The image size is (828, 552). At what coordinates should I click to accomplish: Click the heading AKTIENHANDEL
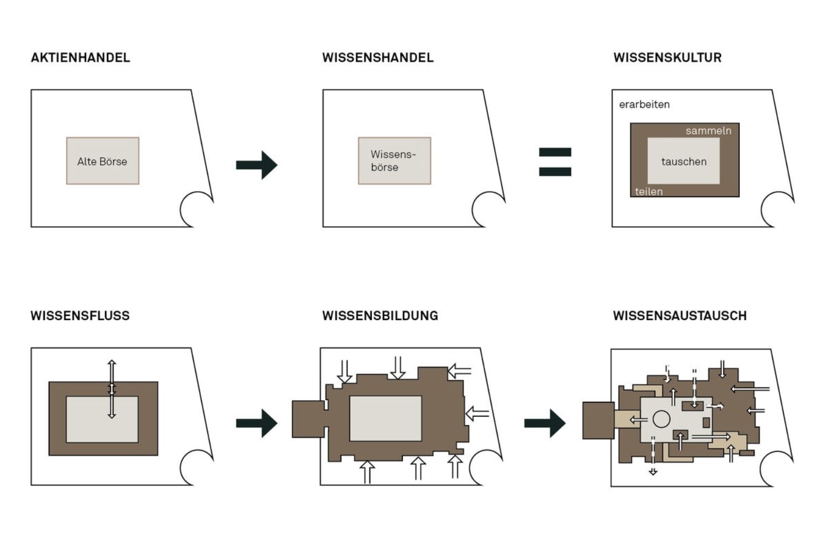tap(81, 57)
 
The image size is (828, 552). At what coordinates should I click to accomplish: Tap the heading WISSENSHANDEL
tap(378, 57)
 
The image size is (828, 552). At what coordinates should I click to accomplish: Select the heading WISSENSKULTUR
tap(667, 57)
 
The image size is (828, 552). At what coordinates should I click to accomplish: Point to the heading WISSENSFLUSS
tap(80, 316)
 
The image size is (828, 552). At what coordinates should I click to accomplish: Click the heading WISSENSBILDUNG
tap(380, 316)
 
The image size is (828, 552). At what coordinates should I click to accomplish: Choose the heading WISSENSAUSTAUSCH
tap(680, 316)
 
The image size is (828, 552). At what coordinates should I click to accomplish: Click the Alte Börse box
tap(103, 161)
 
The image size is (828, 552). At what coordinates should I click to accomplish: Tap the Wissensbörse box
tap(394, 161)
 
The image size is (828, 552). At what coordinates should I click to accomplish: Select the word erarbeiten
tap(644, 104)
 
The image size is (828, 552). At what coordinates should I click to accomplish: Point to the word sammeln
tap(708, 131)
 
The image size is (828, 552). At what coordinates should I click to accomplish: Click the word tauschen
tap(684, 161)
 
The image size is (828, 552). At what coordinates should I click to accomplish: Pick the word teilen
tap(649, 192)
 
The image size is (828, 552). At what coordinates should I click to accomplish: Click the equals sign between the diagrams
tap(555, 162)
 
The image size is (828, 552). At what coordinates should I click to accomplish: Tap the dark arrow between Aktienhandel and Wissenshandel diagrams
tap(257, 164)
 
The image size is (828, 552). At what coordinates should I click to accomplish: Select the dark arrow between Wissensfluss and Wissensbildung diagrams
tap(257, 423)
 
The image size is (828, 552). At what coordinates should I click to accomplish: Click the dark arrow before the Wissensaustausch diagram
tap(545, 423)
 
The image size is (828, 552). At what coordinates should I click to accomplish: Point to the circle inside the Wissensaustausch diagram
tap(661, 419)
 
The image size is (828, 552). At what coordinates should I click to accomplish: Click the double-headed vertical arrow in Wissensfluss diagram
tap(112, 389)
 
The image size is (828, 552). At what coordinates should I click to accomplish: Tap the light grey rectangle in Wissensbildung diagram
tap(385, 418)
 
